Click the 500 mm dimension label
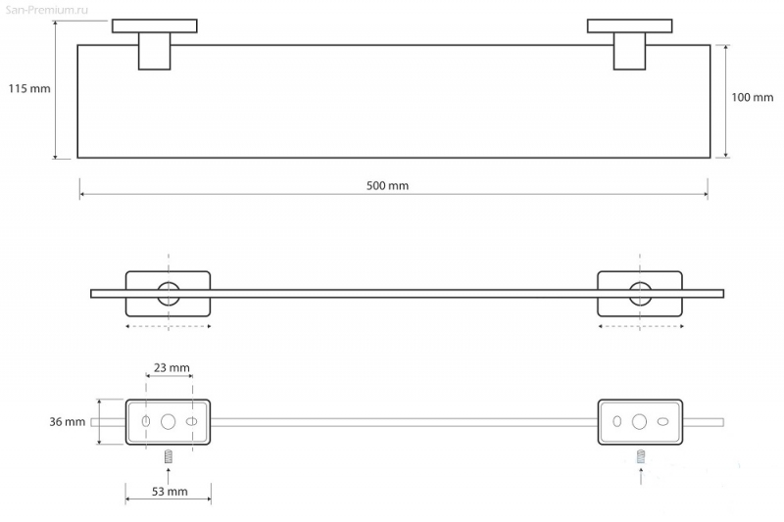click(x=387, y=186)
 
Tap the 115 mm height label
click(x=29, y=89)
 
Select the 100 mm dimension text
click(x=752, y=97)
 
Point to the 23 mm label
click(x=171, y=367)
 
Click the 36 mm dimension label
click(x=67, y=422)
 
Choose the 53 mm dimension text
click(x=170, y=492)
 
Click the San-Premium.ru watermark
click(x=46, y=10)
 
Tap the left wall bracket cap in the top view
click(x=155, y=26)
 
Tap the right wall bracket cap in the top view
click(x=629, y=26)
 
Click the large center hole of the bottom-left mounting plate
click(x=168, y=415)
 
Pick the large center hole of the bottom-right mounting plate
click(x=639, y=415)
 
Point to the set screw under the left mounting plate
click(x=169, y=456)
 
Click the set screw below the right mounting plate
click(x=641, y=456)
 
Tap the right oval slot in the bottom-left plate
click(x=191, y=422)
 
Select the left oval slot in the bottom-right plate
click(x=617, y=421)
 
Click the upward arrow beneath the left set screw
click(x=169, y=476)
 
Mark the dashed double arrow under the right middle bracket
click(x=641, y=327)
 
